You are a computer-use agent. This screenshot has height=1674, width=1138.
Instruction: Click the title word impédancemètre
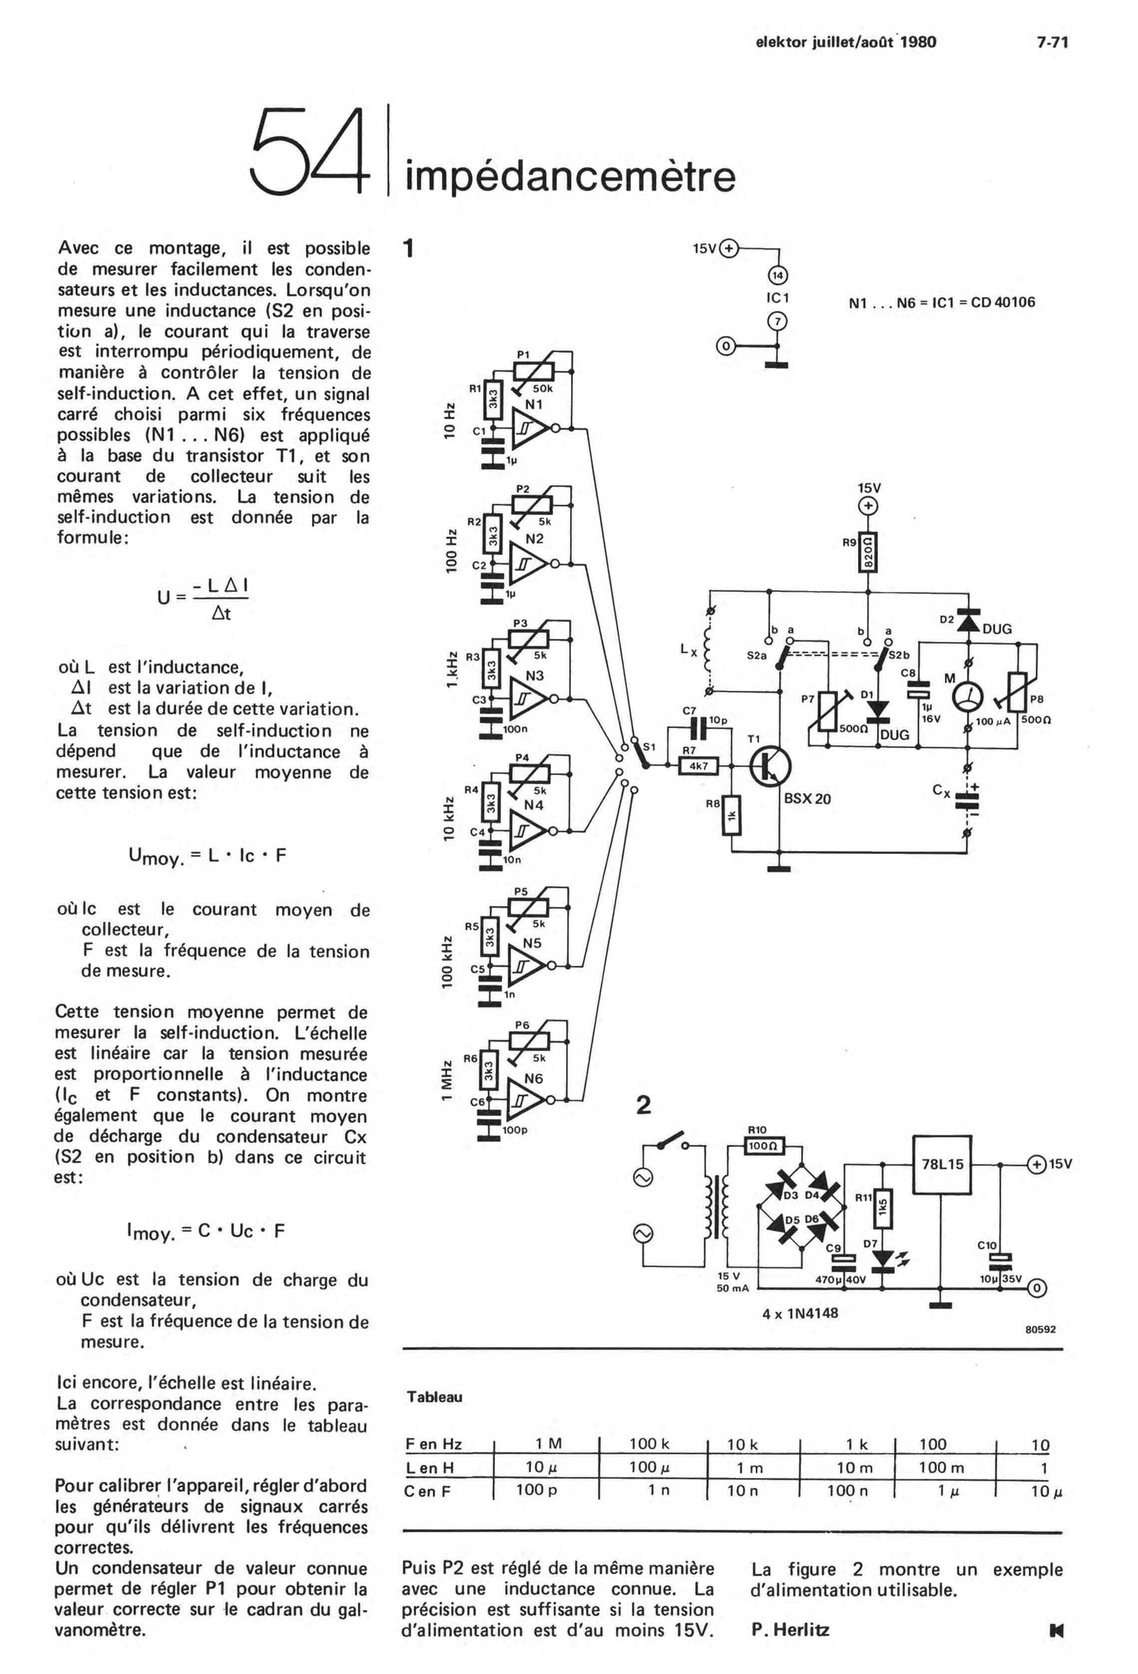pyautogui.click(x=570, y=177)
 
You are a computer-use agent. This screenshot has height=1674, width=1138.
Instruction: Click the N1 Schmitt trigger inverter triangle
pyautogui.click(x=530, y=429)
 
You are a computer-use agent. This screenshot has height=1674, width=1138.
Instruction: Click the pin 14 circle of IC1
pyautogui.click(x=779, y=275)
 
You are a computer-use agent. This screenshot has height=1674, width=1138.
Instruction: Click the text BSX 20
pyautogui.click(x=808, y=799)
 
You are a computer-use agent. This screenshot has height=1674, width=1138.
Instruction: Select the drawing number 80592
pyautogui.click(x=1041, y=1329)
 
